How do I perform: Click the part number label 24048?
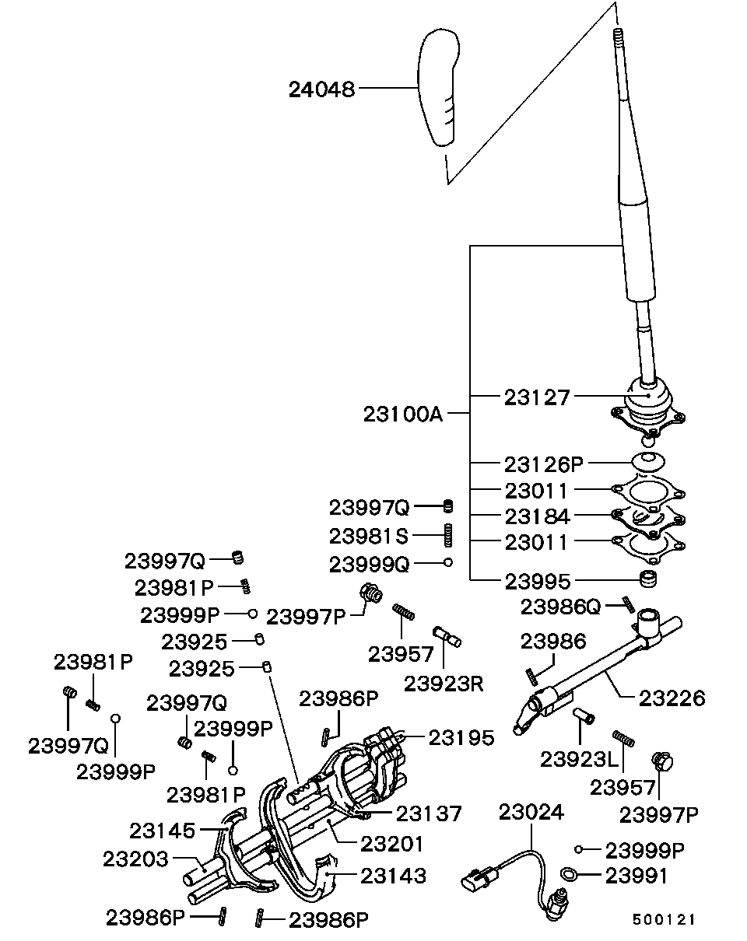[x=321, y=89]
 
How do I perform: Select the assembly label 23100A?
[x=402, y=414]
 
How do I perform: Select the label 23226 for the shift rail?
[x=672, y=698]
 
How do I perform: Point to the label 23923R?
[x=444, y=684]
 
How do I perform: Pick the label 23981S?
[x=368, y=536]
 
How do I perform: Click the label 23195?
[x=461, y=737]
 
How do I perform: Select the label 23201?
[x=391, y=843]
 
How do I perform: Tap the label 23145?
[x=163, y=831]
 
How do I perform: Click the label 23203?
[x=135, y=859]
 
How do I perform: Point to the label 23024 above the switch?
[x=531, y=812]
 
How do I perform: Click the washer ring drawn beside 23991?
[x=570, y=876]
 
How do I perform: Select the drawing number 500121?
[x=663, y=919]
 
